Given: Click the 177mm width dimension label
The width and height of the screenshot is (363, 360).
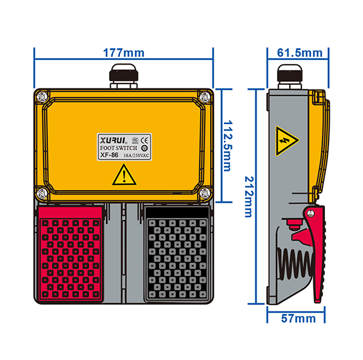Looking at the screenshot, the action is [x=123, y=53].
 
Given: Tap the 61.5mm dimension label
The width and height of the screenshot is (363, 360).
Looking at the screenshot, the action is [x=299, y=53].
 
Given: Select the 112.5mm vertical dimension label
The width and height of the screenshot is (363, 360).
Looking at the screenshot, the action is [x=227, y=146].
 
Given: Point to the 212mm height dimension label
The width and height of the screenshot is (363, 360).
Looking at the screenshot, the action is [x=249, y=197].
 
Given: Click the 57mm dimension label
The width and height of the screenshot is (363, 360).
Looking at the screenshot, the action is [x=298, y=319].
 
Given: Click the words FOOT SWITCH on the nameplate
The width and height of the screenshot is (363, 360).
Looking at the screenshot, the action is [x=119, y=148].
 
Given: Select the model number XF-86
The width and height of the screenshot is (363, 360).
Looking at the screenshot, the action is [x=109, y=155].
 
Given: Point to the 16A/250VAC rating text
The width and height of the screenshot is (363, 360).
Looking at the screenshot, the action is [x=136, y=155].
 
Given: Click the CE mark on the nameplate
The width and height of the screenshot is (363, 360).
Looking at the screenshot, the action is [x=145, y=140].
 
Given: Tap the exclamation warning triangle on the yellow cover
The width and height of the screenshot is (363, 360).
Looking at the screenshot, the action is [x=124, y=175].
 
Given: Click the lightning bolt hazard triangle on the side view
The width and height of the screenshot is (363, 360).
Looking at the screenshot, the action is [x=287, y=141].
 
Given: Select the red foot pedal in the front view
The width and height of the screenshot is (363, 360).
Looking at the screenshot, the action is [x=70, y=254].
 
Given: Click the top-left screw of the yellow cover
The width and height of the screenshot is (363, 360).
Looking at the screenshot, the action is [x=42, y=96].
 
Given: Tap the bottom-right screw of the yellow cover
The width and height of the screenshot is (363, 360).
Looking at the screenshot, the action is [x=204, y=193].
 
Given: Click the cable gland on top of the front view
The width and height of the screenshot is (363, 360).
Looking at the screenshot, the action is [x=124, y=76].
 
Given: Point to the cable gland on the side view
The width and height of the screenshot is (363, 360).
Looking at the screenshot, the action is [x=290, y=76].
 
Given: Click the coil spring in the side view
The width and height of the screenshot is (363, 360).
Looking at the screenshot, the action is [x=296, y=264].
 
